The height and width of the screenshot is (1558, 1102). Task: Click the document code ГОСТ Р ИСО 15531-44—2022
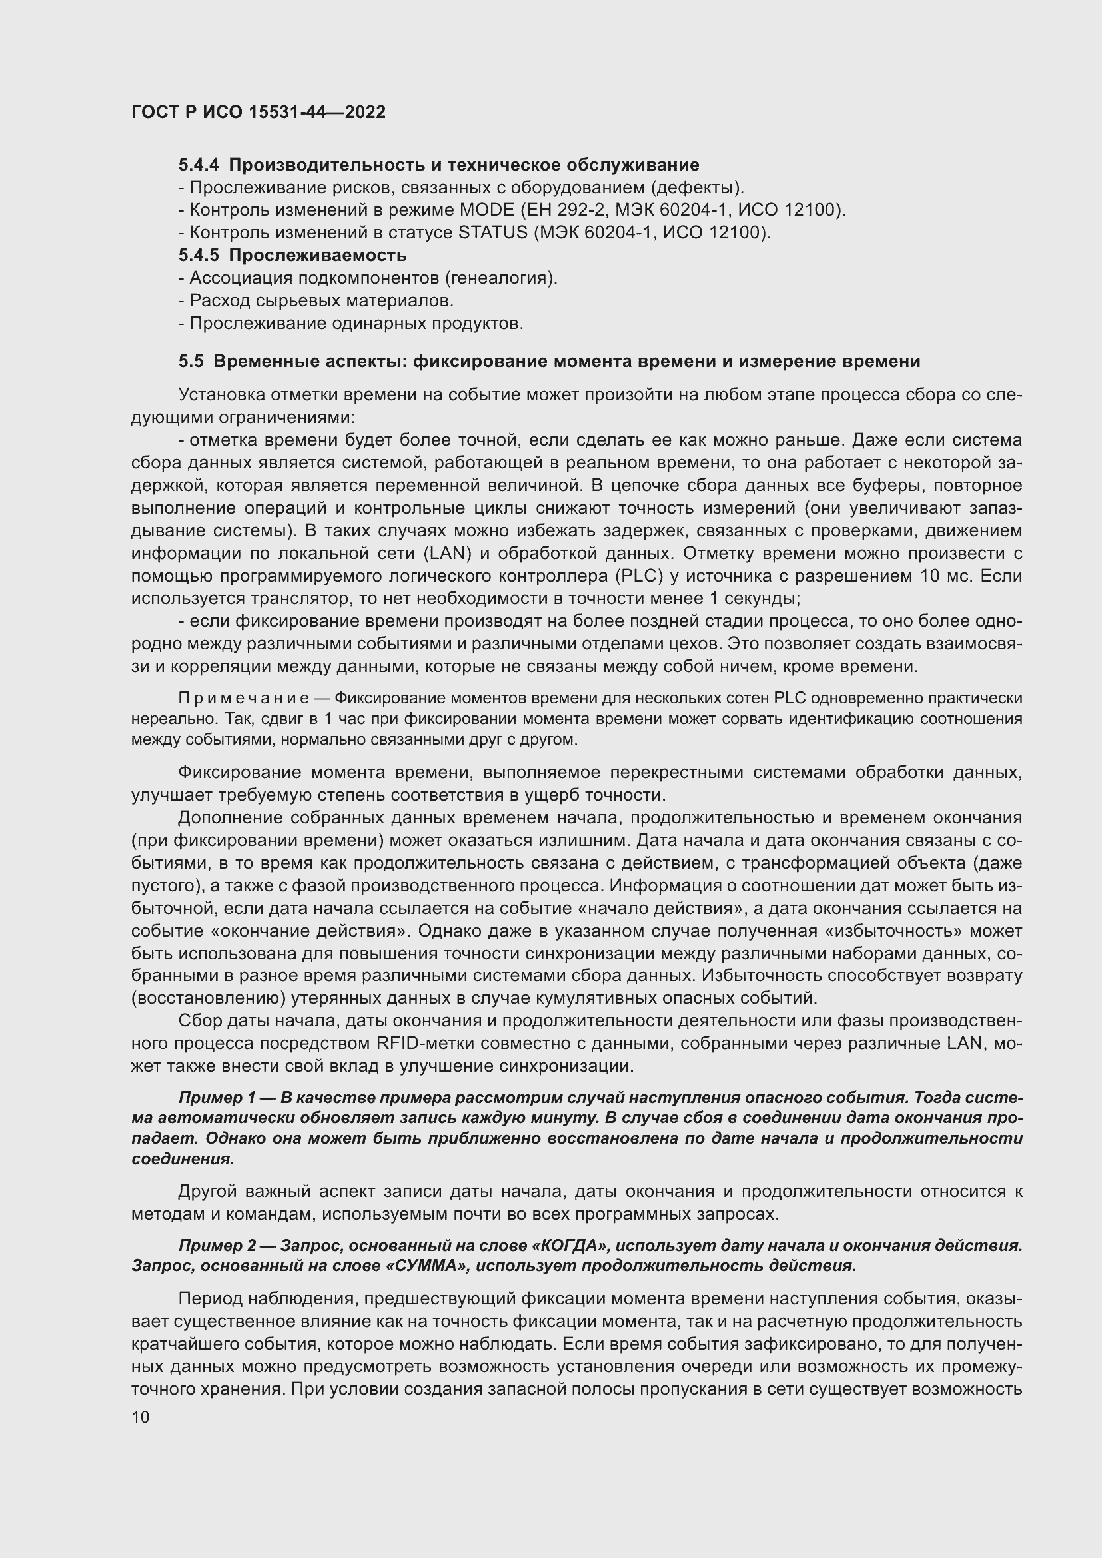258,112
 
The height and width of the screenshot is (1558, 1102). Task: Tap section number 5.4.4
199,165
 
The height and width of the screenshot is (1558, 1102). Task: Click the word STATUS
492,232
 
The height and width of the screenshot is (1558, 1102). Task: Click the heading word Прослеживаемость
318,256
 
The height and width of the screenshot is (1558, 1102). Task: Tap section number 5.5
191,362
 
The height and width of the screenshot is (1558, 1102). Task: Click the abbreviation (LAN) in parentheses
447,554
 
